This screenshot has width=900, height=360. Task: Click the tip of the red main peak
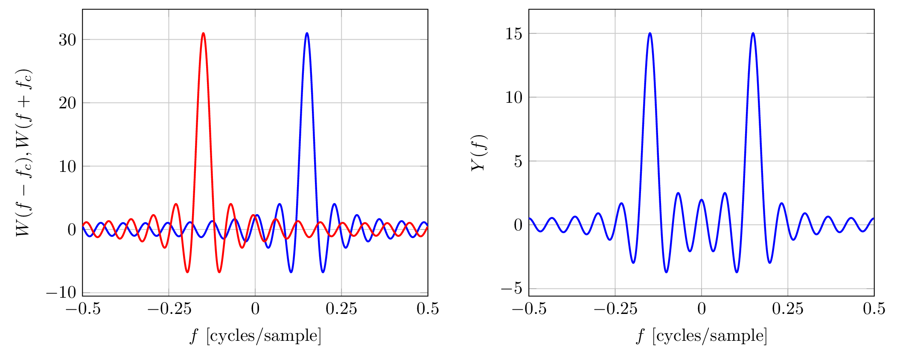(x=204, y=33)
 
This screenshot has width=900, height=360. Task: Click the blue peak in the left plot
(x=307, y=33)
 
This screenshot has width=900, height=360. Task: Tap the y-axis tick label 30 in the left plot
(x=67, y=40)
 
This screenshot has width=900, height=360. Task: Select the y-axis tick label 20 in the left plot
(x=67, y=103)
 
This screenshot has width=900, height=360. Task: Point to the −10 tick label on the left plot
(x=61, y=293)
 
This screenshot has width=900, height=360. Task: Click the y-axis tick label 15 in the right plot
(x=514, y=34)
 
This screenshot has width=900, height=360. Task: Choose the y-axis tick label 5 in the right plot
(x=518, y=161)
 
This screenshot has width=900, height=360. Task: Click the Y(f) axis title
(x=479, y=153)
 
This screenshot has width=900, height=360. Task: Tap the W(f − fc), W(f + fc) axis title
(x=24, y=153)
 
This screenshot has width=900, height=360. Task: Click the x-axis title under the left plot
(x=255, y=336)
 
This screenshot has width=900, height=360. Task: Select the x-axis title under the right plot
(x=701, y=336)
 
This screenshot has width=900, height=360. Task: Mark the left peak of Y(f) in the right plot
(x=650, y=33)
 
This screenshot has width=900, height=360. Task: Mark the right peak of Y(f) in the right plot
(x=753, y=33)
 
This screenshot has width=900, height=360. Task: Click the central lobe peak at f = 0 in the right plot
(x=702, y=200)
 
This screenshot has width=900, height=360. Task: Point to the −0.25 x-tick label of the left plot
(x=169, y=309)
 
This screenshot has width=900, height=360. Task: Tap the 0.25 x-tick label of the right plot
(x=788, y=309)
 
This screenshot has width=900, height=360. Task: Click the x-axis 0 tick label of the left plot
(x=255, y=309)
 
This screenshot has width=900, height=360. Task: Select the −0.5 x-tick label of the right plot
(x=529, y=309)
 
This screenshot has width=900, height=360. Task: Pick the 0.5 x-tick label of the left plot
(x=428, y=309)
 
